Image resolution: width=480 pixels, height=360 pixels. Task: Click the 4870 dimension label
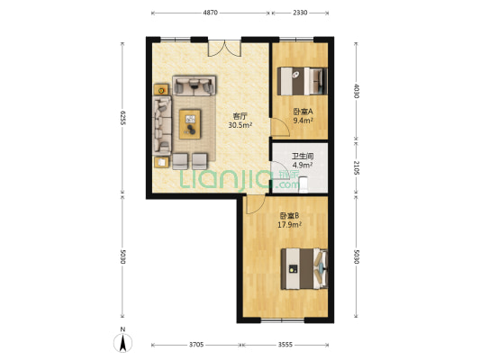(x=210, y=13)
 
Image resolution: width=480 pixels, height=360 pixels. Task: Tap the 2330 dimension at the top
(x=301, y=13)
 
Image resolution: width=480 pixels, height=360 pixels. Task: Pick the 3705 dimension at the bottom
(x=196, y=345)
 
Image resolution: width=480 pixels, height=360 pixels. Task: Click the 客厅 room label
(x=240, y=115)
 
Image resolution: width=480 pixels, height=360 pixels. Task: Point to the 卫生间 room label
(x=302, y=156)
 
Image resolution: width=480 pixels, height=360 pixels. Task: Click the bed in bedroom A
(x=303, y=82)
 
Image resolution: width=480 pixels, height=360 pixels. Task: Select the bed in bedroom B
(x=304, y=265)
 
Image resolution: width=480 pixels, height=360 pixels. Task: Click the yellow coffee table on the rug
(x=191, y=123)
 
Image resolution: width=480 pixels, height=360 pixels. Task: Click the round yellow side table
(x=162, y=90)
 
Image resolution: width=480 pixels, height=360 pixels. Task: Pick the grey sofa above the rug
(x=195, y=85)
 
